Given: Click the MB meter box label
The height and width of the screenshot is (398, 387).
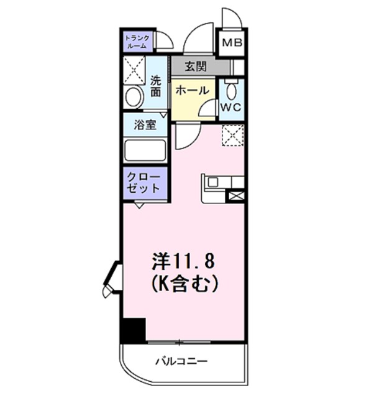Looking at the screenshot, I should [233, 43].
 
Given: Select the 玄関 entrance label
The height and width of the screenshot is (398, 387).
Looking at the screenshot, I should [194, 67].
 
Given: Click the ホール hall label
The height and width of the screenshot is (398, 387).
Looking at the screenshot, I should [191, 91].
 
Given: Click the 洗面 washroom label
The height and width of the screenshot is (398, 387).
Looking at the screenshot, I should [156, 86].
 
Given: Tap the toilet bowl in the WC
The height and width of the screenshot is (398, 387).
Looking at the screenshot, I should [231, 91].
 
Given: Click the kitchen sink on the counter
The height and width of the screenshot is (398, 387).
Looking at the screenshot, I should [212, 182].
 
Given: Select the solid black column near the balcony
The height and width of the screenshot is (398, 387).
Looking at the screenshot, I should [133, 330].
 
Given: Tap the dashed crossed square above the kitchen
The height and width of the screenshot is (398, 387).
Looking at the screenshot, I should [233, 135].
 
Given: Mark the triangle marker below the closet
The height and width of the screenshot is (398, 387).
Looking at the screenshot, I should [140, 205].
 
